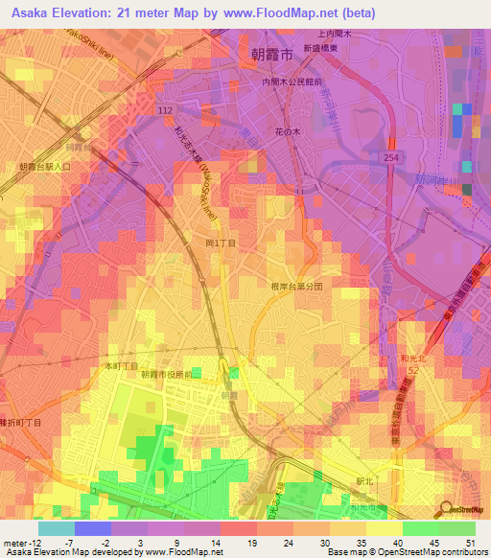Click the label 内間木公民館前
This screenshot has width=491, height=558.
[295, 83]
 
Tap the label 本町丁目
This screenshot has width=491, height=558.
[121, 366]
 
